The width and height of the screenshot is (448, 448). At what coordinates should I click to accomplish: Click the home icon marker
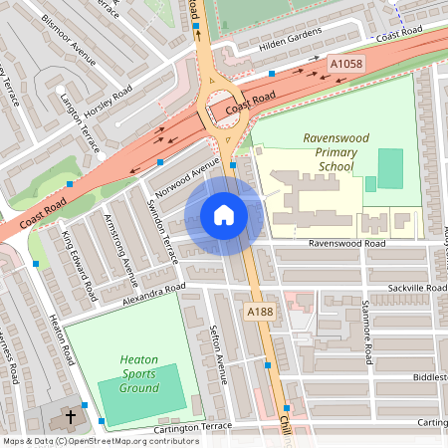[x=224, y=215]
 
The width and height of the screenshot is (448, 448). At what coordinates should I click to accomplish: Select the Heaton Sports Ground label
[x=139, y=372]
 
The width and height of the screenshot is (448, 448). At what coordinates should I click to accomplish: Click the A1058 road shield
[x=345, y=64]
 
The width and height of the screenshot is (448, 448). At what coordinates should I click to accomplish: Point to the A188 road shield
[x=259, y=312]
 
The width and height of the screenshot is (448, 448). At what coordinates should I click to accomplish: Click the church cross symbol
[x=72, y=418]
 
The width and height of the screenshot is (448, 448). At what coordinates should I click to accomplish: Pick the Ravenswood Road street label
[x=346, y=242]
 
